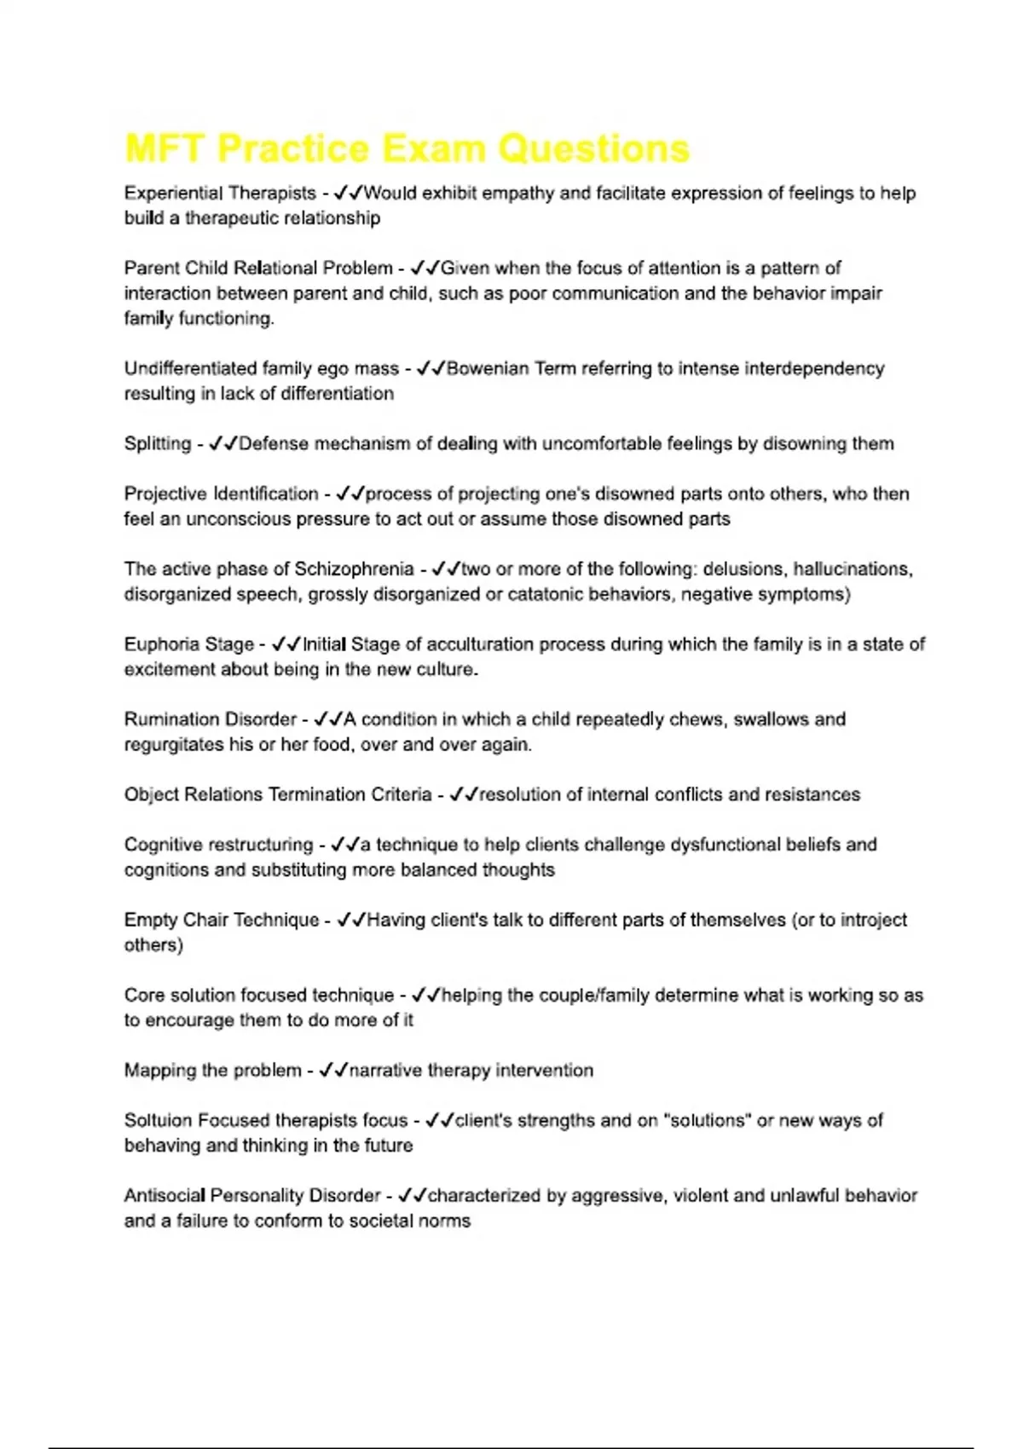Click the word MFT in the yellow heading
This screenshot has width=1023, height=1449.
tap(165, 149)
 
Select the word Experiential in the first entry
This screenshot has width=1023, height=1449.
tap(173, 193)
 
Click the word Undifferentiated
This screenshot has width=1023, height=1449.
tap(190, 369)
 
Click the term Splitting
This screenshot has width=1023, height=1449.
tap(158, 444)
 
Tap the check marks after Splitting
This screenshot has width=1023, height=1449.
tap(223, 444)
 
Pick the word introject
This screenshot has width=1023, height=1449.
tap(873, 921)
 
